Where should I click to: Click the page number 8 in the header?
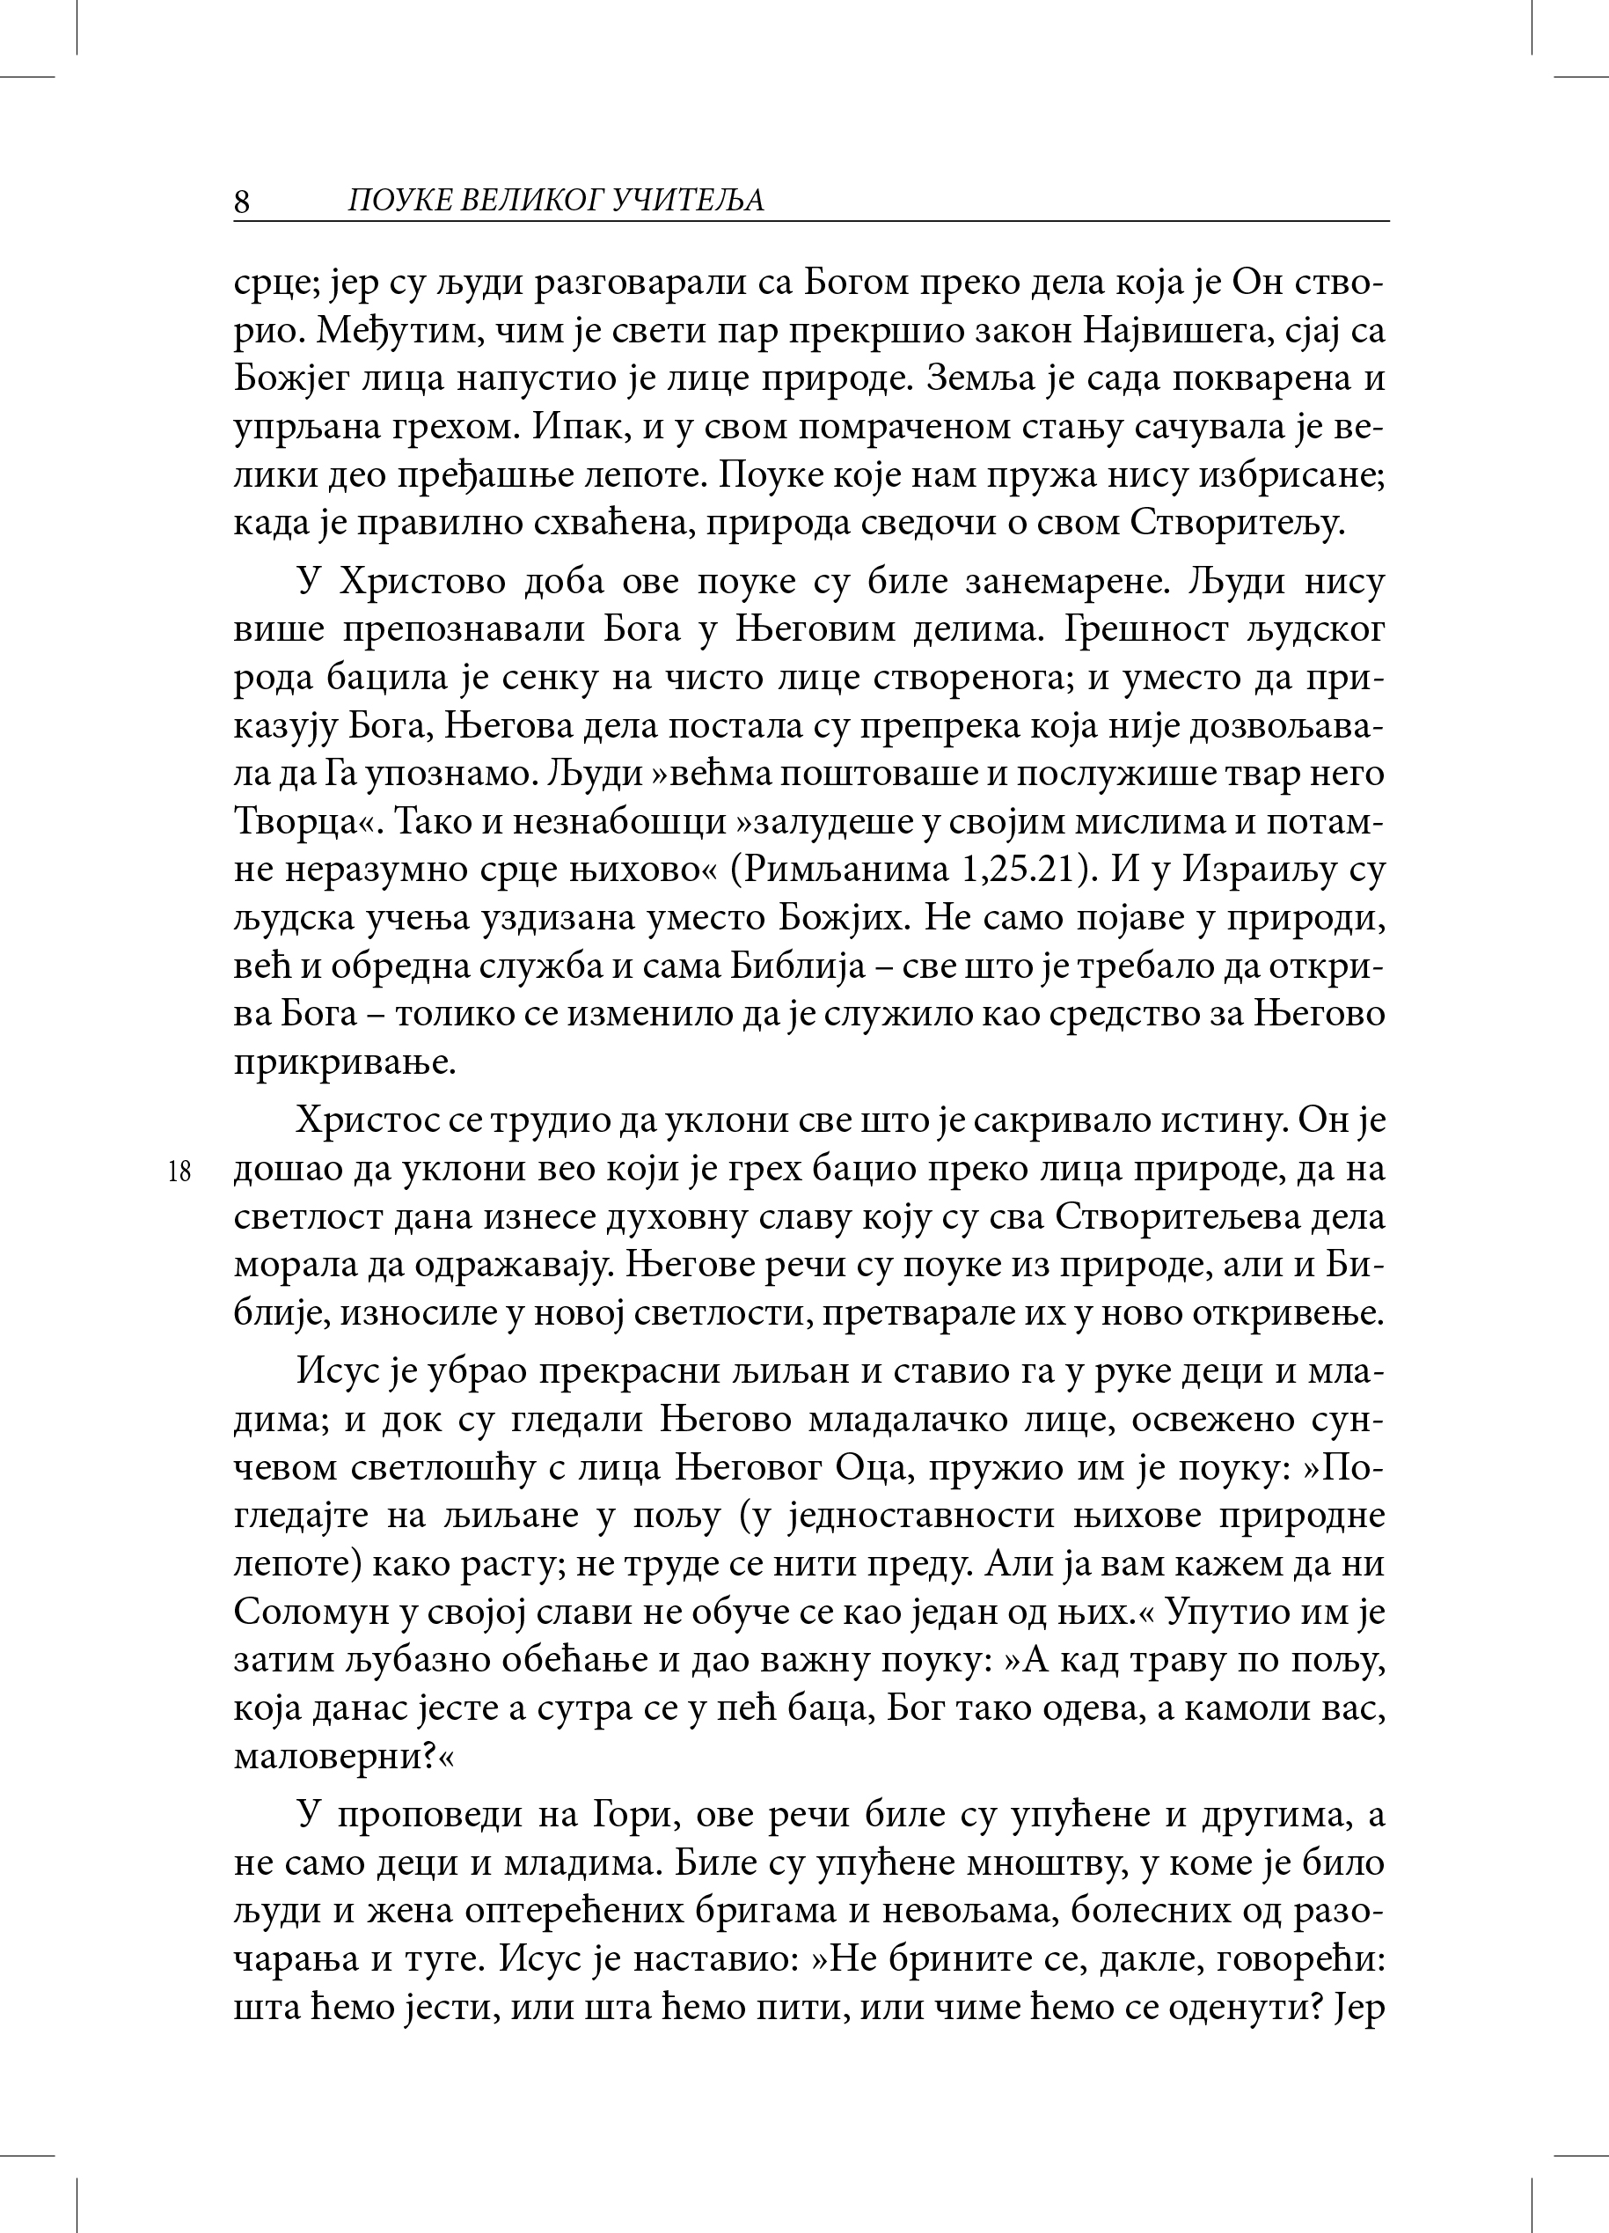242,201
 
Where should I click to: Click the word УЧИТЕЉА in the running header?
688,201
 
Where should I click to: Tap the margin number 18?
179,1172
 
